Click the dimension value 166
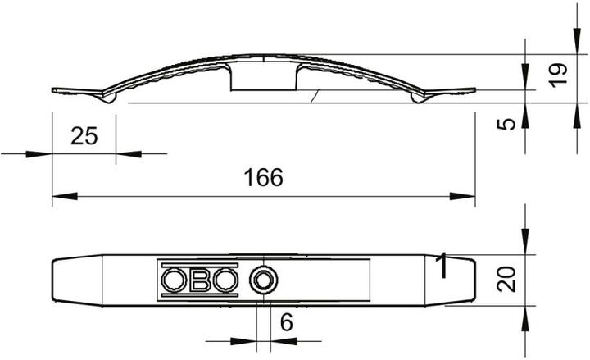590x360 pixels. [263, 178]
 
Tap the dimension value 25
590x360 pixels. [84, 136]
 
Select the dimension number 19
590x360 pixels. [558, 75]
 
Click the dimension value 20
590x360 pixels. [506, 279]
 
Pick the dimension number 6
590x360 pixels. [287, 322]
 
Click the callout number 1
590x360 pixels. [442, 266]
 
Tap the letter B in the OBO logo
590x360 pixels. [200, 280]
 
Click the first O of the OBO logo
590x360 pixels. [174, 280]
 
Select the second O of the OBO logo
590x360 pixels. [226, 280]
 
